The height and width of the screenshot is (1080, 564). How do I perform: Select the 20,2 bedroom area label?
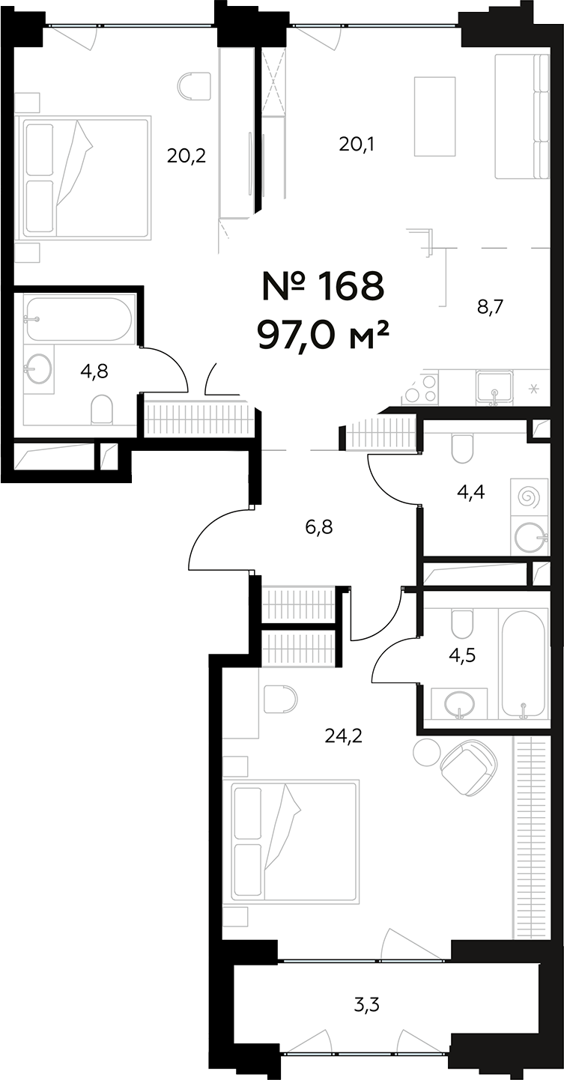(x=187, y=156)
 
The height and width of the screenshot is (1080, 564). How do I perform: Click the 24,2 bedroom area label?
(x=344, y=736)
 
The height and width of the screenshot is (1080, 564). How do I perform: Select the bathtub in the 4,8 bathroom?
(x=78, y=319)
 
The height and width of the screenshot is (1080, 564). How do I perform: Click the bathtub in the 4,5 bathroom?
(x=523, y=663)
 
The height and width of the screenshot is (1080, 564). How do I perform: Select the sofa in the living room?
(x=521, y=117)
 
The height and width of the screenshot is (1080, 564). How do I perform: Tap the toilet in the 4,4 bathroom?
(x=462, y=449)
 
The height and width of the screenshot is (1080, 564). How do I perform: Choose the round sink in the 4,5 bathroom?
(x=458, y=704)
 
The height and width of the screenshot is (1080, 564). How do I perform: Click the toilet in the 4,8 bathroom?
(x=101, y=409)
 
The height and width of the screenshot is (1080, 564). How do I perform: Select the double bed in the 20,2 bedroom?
(x=86, y=177)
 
